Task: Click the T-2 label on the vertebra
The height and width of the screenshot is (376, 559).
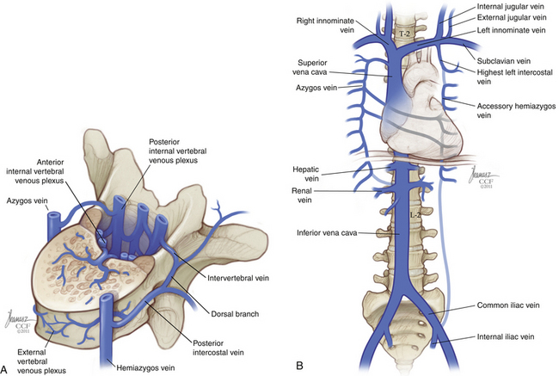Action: (404, 34)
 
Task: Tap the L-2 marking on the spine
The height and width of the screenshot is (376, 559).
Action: (415, 215)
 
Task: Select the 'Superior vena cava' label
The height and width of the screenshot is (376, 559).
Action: (310, 67)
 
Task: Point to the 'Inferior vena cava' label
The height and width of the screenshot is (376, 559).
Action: (327, 233)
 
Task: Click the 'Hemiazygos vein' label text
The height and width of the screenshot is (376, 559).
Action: (145, 367)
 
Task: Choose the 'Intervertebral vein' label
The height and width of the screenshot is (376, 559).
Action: (238, 278)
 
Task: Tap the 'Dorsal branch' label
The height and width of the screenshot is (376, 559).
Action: (235, 314)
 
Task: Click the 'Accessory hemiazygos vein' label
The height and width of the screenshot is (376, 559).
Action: (516, 111)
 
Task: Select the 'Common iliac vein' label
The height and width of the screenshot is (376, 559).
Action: (508, 305)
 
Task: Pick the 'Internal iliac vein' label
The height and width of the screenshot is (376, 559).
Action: (506, 336)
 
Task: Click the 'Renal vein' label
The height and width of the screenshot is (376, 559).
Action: (302, 195)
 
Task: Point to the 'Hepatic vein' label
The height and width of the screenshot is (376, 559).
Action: (305, 174)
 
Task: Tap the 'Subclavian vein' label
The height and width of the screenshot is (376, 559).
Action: (504, 61)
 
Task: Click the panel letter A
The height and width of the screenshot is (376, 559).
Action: (4, 367)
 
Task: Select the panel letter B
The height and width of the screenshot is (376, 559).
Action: (299, 366)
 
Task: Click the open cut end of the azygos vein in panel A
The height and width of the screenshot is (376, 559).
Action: (54, 216)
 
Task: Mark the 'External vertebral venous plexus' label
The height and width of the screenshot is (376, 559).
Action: (41, 361)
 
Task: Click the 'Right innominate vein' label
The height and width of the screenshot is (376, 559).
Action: (325, 25)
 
